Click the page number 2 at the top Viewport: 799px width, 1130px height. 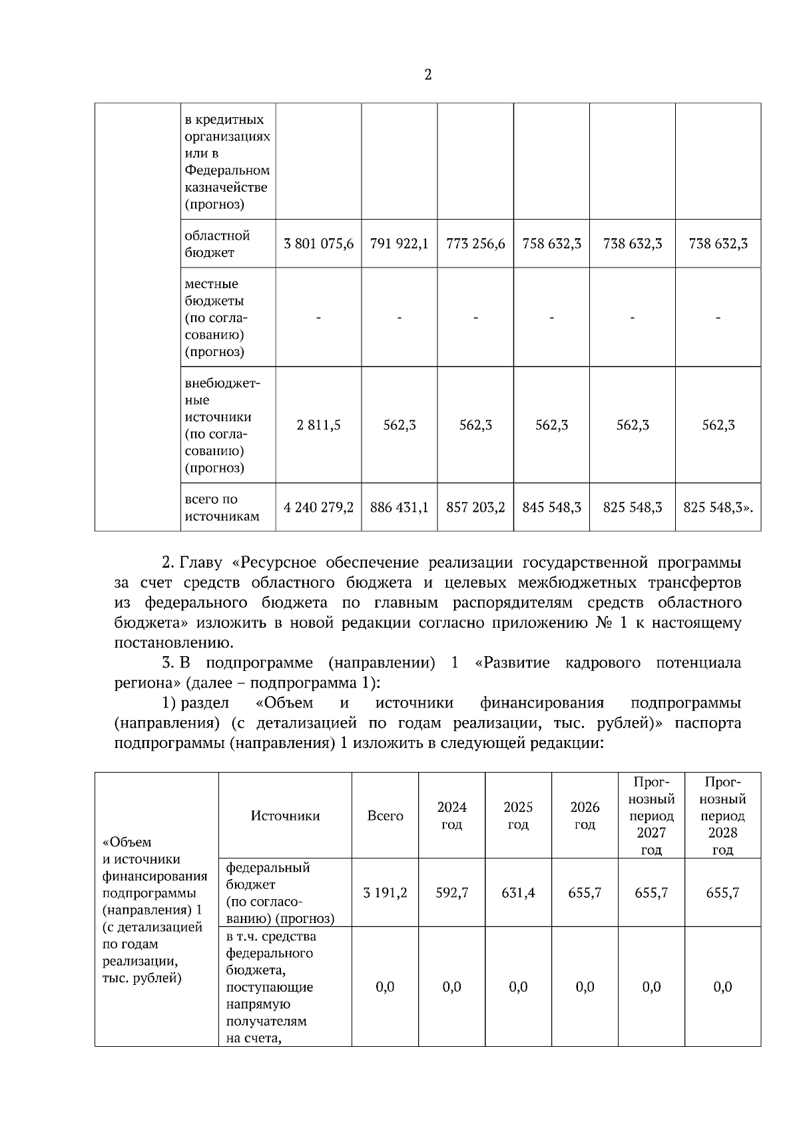427,75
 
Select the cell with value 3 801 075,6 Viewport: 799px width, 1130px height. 318,244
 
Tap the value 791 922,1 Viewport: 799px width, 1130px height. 399,244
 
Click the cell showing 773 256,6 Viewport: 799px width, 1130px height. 475,244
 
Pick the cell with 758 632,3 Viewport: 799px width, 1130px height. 551,244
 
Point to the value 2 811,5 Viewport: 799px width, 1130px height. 318,425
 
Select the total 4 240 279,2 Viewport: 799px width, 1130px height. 318,508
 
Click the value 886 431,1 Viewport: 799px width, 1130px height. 399,508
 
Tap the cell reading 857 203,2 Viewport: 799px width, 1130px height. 475,508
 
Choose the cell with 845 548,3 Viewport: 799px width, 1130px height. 551,508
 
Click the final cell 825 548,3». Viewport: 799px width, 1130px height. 718,508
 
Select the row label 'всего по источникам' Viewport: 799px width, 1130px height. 221,508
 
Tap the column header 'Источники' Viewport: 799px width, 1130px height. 285,816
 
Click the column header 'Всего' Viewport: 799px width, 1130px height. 385,816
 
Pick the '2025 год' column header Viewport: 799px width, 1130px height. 518,816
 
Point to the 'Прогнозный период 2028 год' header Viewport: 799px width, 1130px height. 722,816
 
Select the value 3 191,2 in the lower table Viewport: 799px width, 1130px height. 385,893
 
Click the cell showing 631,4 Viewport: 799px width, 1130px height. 518,893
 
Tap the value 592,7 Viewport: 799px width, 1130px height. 451,893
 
